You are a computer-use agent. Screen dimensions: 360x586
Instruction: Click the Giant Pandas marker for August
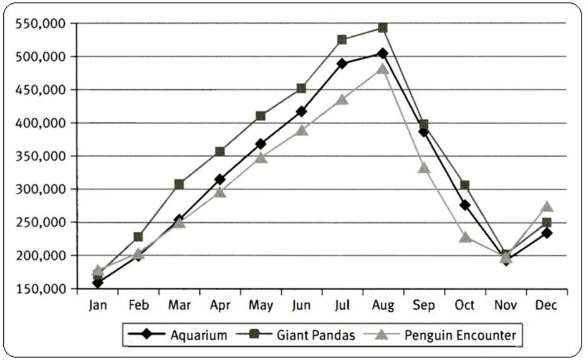click(382, 28)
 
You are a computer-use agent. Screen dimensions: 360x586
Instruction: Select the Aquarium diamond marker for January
click(97, 283)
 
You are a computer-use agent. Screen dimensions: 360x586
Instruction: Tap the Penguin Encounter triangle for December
click(547, 207)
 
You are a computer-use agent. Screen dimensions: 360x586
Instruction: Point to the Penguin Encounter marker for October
click(464, 237)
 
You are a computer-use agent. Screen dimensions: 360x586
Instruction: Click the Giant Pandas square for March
click(179, 184)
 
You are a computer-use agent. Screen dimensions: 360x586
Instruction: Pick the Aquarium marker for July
click(342, 64)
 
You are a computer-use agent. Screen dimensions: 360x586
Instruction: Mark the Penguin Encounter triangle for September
click(424, 168)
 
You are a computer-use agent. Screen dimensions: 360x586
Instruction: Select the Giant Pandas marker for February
click(138, 237)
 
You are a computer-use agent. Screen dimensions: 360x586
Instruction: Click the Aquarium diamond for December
click(547, 233)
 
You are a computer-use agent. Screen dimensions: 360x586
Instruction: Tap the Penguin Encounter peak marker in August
click(382, 69)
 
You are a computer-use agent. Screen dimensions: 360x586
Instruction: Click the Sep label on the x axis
click(423, 305)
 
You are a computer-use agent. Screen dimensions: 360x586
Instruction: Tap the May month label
click(260, 305)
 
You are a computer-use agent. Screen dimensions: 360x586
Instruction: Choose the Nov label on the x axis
click(506, 305)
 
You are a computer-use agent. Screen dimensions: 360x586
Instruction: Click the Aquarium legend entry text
click(198, 336)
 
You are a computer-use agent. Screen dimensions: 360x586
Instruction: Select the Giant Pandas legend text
click(316, 336)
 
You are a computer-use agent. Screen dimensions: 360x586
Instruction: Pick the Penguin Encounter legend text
click(460, 336)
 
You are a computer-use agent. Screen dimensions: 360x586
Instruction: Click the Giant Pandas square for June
click(301, 89)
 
